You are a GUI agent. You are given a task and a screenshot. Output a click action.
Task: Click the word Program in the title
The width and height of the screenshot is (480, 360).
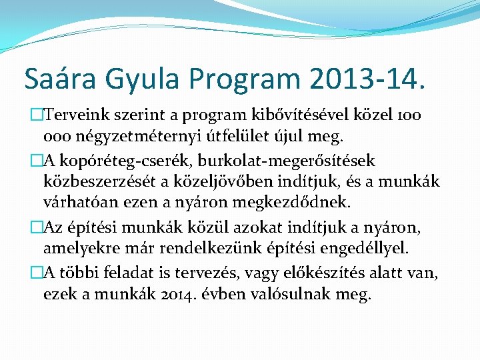pos(247,79)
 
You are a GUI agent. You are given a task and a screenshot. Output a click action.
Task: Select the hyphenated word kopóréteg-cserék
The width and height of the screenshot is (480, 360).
pos(117,161)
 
